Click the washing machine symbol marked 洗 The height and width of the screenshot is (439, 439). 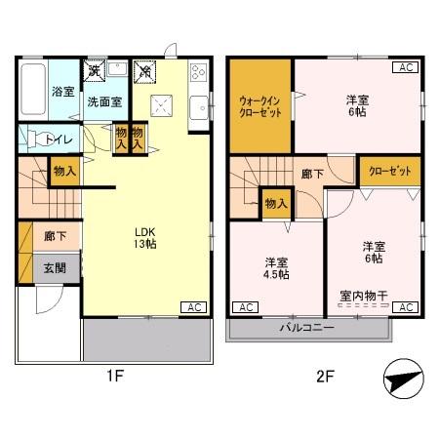(x=96, y=70)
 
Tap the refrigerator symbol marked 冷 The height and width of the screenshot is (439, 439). (x=143, y=70)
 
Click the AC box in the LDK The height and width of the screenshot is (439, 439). (x=192, y=307)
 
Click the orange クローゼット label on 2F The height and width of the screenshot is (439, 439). (x=389, y=171)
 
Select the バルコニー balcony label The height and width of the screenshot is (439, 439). (x=309, y=328)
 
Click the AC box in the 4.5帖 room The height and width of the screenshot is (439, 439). (x=246, y=307)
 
